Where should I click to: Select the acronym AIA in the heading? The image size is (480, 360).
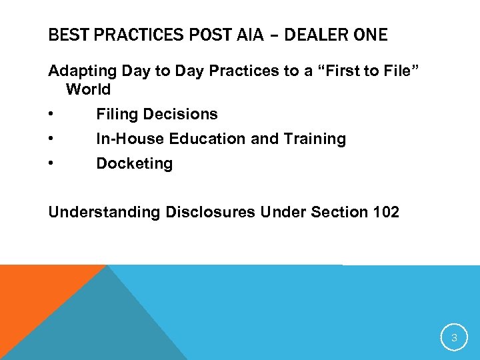click(x=248, y=35)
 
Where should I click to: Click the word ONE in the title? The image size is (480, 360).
click(x=369, y=35)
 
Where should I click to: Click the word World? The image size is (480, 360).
click(x=88, y=89)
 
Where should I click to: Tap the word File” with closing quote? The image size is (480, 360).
click(x=398, y=70)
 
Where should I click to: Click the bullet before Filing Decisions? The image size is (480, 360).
click(x=52, y=115)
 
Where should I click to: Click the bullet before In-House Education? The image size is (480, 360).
click(x=52, y=139)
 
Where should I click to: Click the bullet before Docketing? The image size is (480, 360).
click(x=52, y=164)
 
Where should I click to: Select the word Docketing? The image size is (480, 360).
click(x=134, y=164)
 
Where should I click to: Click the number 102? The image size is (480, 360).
click(x=386, y=213)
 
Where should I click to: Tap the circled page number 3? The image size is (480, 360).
click(x=454, y=338)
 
